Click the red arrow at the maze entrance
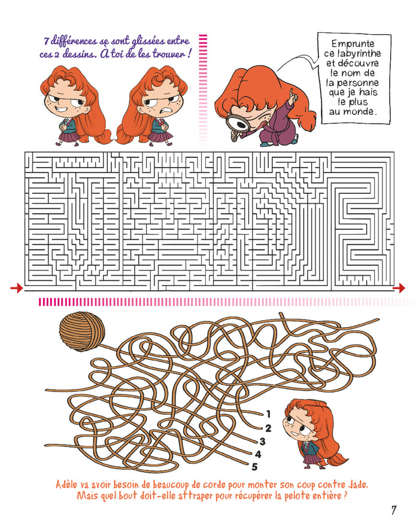[16, 288]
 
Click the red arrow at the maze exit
[399, 288]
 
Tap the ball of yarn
[82, 331]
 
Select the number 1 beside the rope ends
[268, 414]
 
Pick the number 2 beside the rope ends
[268, 428]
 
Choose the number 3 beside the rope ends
[262, 441]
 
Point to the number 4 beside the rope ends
[258, 454]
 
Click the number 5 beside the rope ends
[254, 467]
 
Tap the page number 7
[393, 510]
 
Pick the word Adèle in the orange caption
[66, 485]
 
